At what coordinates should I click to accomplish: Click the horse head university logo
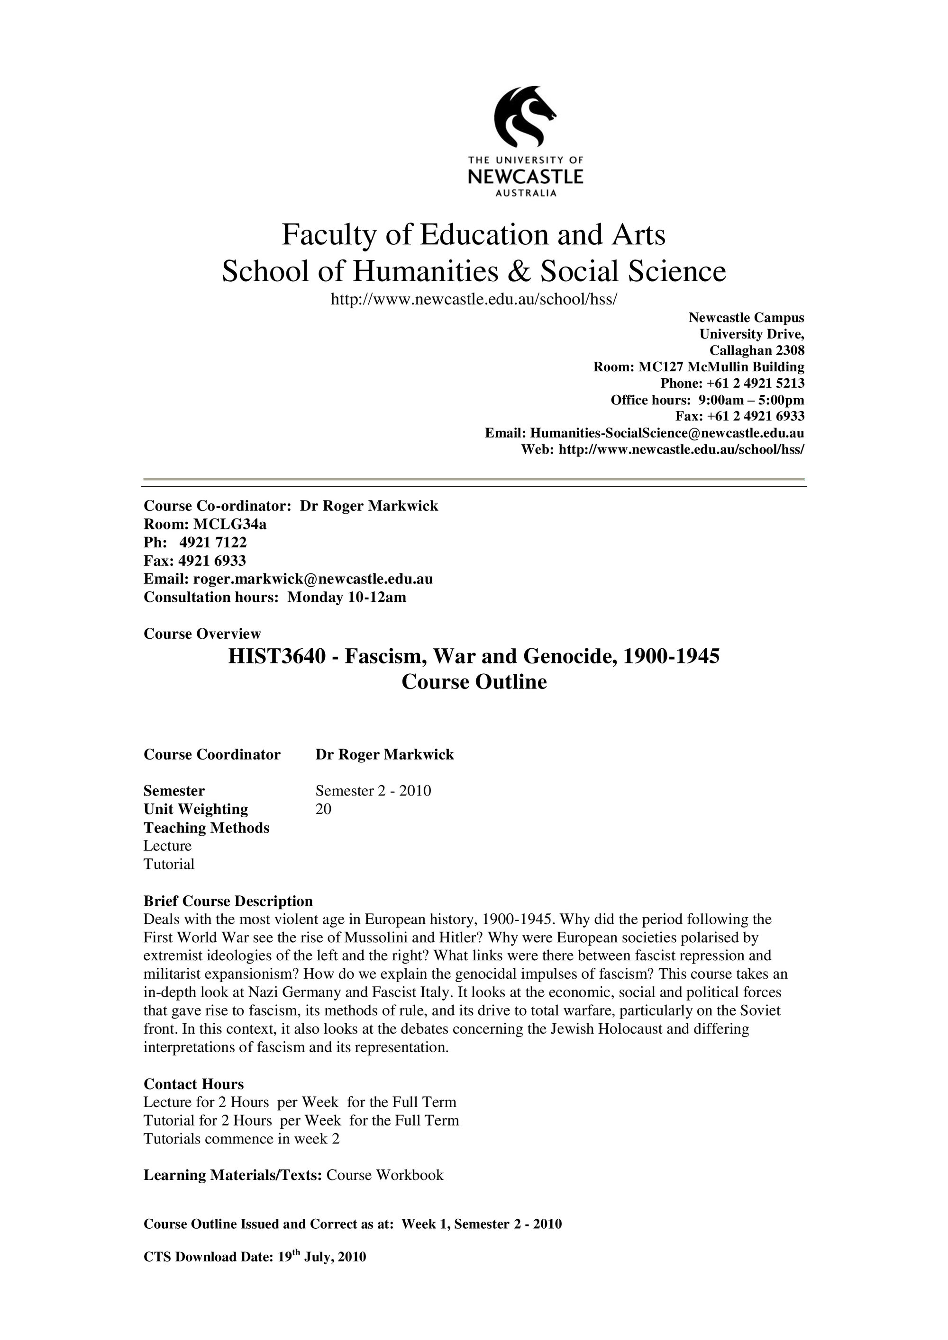[524, 117]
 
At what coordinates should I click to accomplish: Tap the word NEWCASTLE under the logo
[526, 177]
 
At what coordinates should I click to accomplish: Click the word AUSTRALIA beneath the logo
[526, 193]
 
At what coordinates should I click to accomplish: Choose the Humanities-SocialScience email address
[666, 433]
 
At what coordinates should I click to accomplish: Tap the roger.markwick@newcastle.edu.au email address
[313, 579]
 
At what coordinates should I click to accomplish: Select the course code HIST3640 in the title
[276, 657]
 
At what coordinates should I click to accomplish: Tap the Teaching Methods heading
[206, 828]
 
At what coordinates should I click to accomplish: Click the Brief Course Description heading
[228, 901]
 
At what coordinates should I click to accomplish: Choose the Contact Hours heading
[193, 1084]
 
